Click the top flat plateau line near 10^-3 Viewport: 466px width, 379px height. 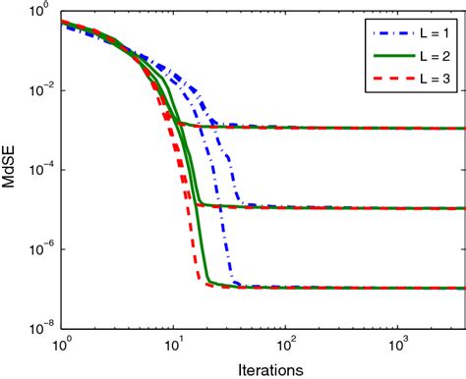[344, 128]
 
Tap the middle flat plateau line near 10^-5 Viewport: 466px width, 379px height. [344, 208]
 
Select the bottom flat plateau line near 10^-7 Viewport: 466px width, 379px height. [344, 288]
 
